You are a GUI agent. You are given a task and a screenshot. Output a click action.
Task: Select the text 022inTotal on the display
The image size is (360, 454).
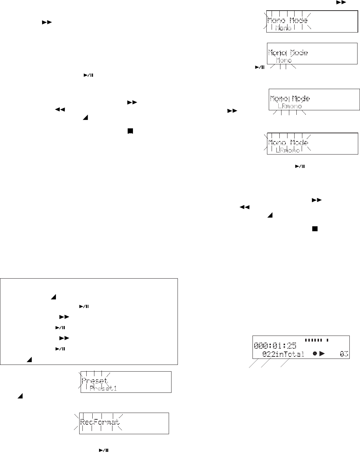coord(283,354)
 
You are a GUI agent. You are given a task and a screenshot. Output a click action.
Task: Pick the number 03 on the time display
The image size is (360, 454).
coord(343,354)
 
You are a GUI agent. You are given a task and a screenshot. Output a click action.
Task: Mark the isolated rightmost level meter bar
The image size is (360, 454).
coord(327,340)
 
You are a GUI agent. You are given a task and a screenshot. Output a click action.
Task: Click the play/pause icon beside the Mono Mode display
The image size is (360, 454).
coord(260,67)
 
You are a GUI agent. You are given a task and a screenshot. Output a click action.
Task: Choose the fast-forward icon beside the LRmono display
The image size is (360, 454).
coord(232,111)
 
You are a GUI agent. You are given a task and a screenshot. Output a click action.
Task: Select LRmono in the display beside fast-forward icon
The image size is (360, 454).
coord(290,106)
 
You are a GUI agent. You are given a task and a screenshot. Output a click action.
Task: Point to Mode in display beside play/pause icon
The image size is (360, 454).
coord(299,53)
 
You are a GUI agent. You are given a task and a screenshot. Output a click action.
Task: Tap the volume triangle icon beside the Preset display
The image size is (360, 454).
coord(20,397)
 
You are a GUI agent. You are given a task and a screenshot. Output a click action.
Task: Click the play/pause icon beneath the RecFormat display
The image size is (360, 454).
coord(103,450)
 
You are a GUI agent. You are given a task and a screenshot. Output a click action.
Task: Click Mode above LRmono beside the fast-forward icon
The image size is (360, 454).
coord(300,98)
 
